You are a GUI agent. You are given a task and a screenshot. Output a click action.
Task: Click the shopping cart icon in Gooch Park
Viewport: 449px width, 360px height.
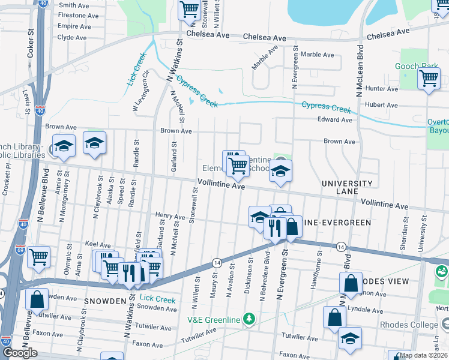tap(429, 78)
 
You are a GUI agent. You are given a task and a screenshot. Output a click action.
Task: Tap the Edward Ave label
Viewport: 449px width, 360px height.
tap(335, 119)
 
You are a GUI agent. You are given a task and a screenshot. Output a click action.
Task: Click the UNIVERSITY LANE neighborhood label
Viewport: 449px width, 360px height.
tap(346, 187)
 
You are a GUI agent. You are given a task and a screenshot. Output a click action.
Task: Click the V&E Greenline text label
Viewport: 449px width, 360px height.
tap(213, 319)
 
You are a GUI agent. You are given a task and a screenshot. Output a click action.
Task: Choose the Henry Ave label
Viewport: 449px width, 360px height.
tap(170, 216)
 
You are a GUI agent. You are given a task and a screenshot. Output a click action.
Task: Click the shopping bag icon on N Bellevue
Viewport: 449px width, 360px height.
tap(37, 299)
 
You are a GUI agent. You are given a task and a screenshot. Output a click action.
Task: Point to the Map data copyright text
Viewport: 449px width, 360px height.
tap(423, 355)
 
